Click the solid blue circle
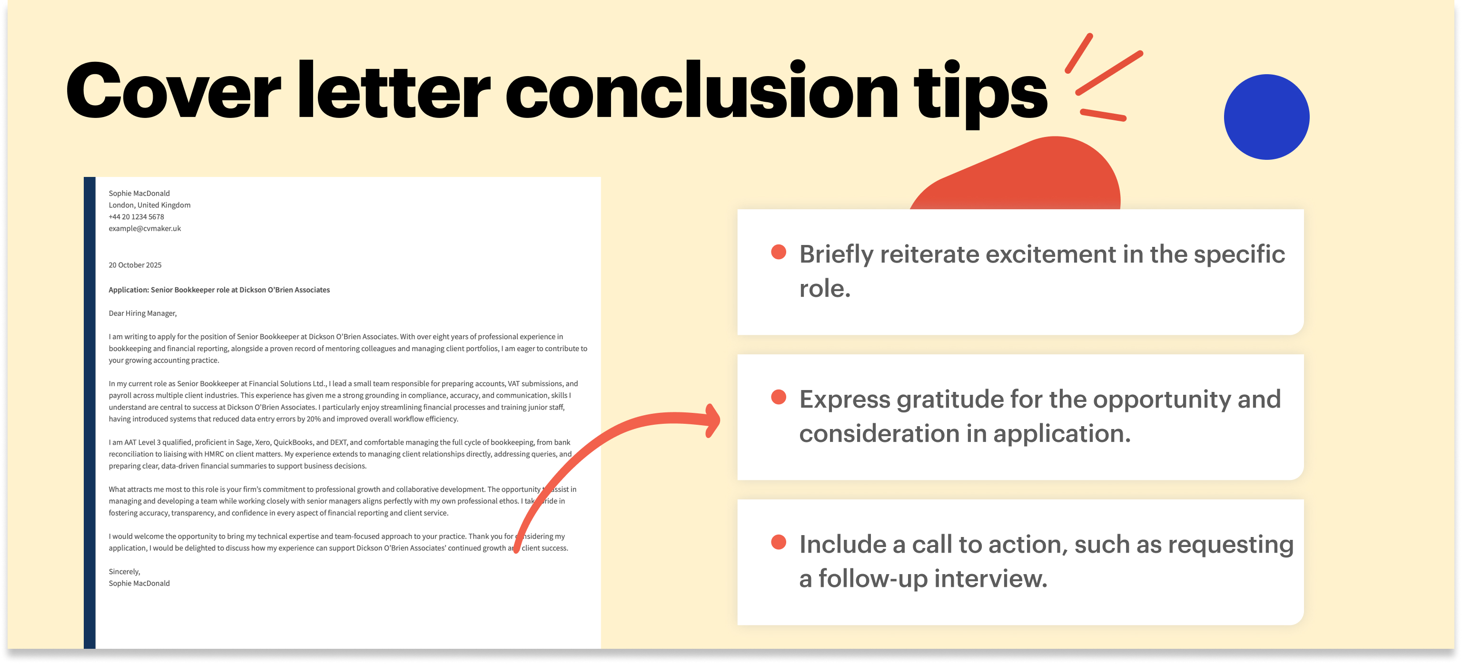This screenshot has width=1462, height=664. pos(1266,117)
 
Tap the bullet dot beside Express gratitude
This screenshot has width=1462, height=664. pos(779,397)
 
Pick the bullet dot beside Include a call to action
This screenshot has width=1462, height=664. pos(779,542)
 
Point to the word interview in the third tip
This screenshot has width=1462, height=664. pos(990,578)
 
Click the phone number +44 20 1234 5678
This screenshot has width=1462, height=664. pos(136,216)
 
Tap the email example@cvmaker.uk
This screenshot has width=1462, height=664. pos(145,228)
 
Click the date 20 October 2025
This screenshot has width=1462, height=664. pos(135,265)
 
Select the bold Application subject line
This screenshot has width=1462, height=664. pos(219,290)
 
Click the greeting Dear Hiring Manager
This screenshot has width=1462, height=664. pos(142,313)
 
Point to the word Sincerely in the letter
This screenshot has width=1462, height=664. pos(124,572)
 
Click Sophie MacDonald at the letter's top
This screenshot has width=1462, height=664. pos(139,194)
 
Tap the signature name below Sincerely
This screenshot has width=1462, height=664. pos(139,584)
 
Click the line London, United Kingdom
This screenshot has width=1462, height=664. pos(149,205)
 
